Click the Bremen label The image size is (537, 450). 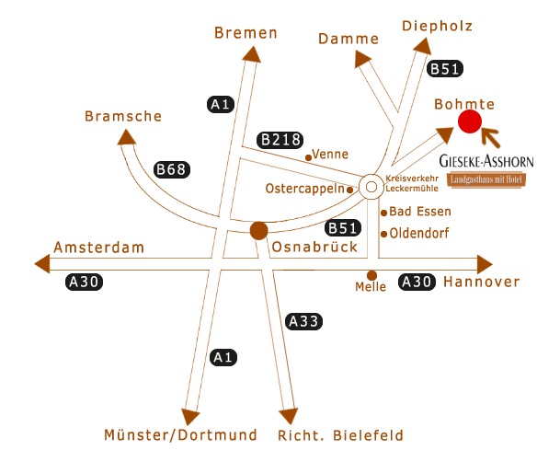pyautogui.click(x=246, y=33)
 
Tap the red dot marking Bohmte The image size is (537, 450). pyautogui.click(x=470, y=121)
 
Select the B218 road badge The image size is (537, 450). pyautogui.click(x=280, y=140)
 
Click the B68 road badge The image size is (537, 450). pyautogui.click(x=172, y=169)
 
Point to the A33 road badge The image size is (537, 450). pyautogui.click(x=303, y=321)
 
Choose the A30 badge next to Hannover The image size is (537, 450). pyautogui.click(x=417, y=283)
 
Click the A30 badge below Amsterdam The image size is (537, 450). pyautogui.click(x=84, y=283)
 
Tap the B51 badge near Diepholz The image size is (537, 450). pyautogui.click(x=445, y=69)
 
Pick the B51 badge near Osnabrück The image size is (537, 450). pyautogui.click(x=343, y=228)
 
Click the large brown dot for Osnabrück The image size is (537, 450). pyautogui.click(x=259, y=231)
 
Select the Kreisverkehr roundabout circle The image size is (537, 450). pyautogui.click(x=371, y=187)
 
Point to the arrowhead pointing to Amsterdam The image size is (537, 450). pyautogui.click(x=42, y=264)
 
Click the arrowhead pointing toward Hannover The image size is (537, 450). pyautogui.click(x=485, y=264)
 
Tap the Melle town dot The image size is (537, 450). pyautogui.click(x=371, y=275)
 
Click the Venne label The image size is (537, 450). pyautogui.click(x=330, y=155)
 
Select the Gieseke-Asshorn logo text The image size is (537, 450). pyautogui.click(x=486, y=161)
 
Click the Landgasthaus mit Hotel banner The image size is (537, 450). pyautogui.click(x=486, y=179)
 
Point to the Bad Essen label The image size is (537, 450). pyautogui.click(x=420, y=212)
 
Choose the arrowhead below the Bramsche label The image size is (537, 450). pyautogui.click(x=126, y=137)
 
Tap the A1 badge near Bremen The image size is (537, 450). pyautogui.click(x=221, y=104)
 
